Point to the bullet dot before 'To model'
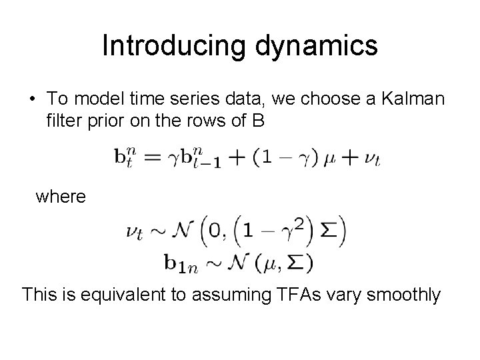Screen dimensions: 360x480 click(33, 99)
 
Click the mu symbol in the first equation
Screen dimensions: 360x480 click(330, 160)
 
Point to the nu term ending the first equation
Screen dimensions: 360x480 click(371, 160)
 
